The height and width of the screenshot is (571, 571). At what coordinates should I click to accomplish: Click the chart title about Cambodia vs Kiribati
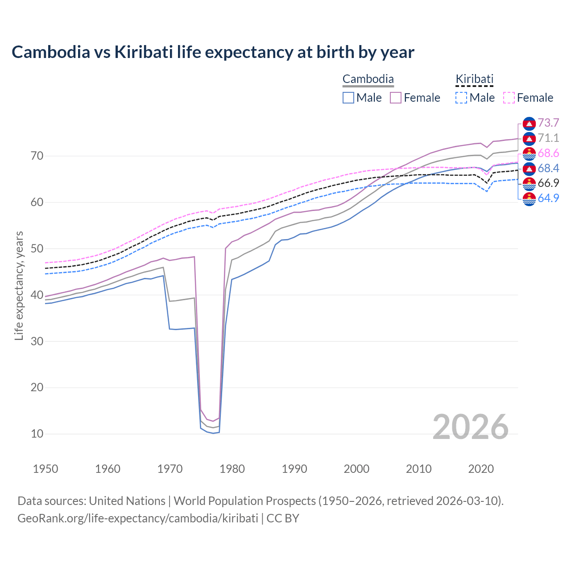coord(213,52)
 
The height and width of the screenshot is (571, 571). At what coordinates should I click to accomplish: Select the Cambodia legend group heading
coord(368,79)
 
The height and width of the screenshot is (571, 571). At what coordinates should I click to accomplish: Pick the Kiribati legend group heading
coord(474,79)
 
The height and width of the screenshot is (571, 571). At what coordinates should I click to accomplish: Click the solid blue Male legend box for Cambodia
coord(348,98)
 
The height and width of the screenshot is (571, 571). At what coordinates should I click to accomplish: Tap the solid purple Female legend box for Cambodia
coord(396,98)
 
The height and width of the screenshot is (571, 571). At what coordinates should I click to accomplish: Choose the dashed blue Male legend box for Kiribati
coord(461,98)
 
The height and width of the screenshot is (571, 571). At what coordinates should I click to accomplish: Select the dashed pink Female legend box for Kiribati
coord(509,98)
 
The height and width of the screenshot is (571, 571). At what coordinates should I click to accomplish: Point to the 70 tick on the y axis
coord(37,156)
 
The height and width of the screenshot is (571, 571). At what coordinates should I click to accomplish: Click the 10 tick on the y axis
coord(37,434)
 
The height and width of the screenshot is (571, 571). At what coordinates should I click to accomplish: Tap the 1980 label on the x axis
coord(232,469)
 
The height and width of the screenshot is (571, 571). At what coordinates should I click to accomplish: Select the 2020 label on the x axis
coord(481,469)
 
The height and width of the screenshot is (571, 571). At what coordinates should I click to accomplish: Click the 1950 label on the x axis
coord(46,469)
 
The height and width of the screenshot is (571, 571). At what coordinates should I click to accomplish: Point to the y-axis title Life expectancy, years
coord(19,285)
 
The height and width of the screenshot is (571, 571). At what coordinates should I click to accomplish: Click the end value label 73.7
coord(548,123)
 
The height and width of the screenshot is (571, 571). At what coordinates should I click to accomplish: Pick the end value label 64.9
coord(548,198)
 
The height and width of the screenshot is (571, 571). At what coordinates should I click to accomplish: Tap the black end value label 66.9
coord(548,183)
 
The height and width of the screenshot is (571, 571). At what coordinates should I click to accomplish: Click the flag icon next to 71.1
coord(529,138)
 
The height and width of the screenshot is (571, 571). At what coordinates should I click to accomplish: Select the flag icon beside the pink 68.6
coord(529,153)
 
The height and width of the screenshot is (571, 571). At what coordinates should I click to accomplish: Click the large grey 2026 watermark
coord(470,427)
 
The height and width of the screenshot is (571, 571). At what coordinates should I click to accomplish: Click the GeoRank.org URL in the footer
coord(138,518)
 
